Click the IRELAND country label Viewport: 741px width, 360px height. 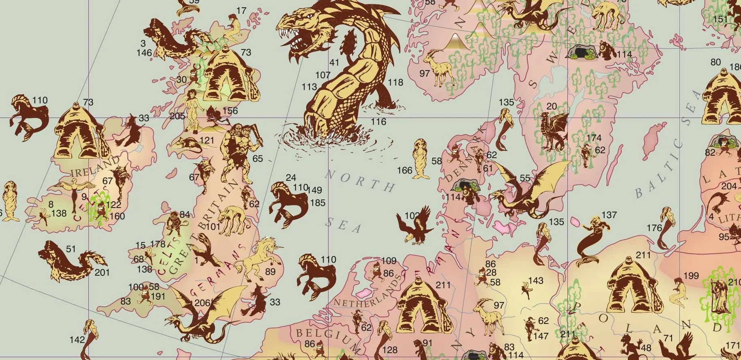tap(96, 168)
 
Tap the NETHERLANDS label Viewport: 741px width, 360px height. tap(367, 293)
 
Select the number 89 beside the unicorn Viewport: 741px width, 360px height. tap(271, 272)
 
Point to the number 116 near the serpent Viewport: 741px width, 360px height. tap(378, 121)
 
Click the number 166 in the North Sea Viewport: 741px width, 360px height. tap(404, 170)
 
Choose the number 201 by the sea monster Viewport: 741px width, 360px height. tap(102, 272)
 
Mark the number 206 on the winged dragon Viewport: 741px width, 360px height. tap(202, 302)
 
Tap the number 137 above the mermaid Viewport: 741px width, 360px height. tap(609, 215)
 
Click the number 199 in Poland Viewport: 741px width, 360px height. tap(691, 276)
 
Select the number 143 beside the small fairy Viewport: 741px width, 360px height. tap(536, 281)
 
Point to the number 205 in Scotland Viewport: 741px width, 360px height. tap(177, 116)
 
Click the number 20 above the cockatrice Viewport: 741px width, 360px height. tap(552, 106)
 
